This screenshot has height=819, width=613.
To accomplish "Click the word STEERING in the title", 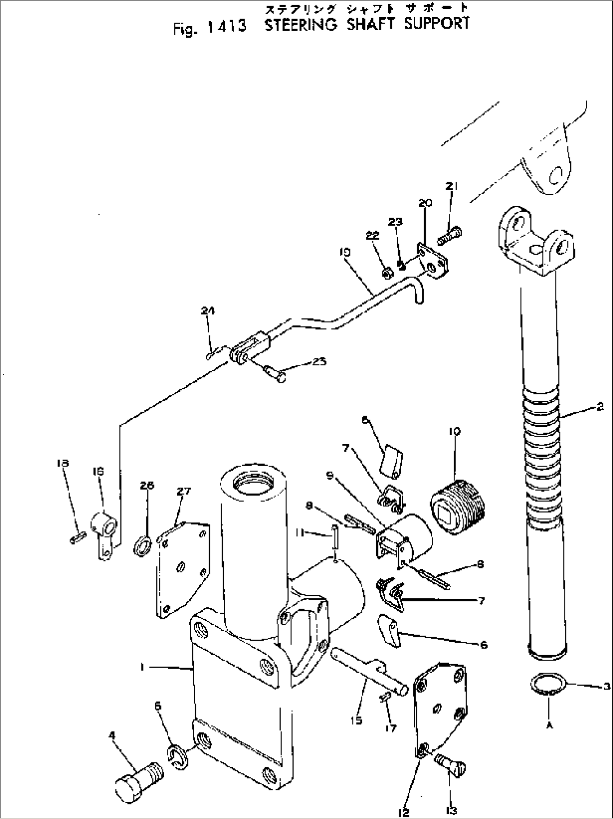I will [x=301, y=25].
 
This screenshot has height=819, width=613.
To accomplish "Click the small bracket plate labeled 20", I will [x=432, y=260].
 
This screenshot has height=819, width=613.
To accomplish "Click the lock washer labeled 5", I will [x=178, y=757].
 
